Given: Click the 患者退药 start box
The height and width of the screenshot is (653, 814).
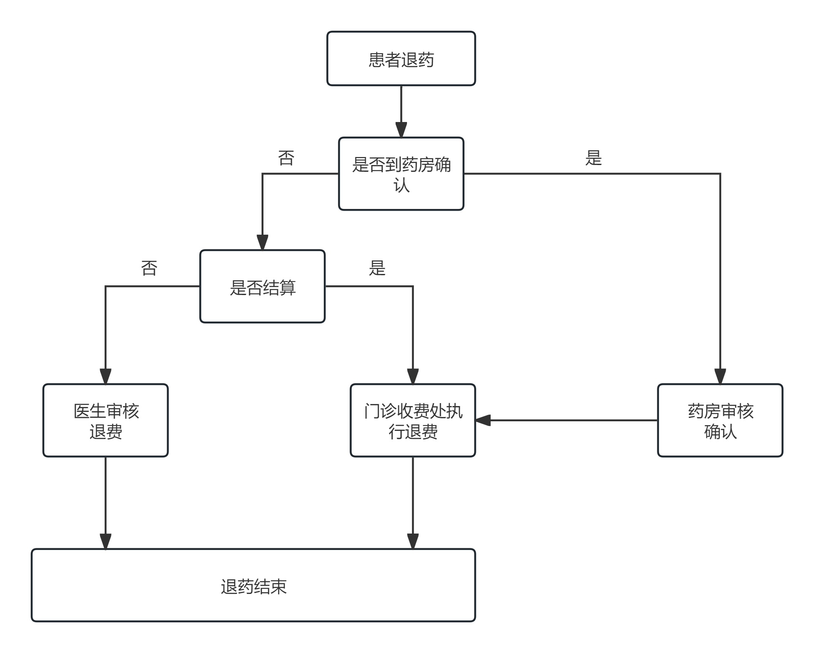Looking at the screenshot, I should (x=401, y=59).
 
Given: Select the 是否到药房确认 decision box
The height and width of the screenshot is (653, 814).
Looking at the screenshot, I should (x=401, y=173).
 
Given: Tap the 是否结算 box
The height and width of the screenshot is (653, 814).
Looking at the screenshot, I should (x=262, y=287).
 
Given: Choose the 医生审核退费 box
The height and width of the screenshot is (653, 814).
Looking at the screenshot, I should (x=106, y=420).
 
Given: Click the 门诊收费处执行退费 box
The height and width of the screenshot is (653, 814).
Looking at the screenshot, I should (x=412, y=420).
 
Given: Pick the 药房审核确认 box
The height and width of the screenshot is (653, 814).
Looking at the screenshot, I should (x=720, y=420).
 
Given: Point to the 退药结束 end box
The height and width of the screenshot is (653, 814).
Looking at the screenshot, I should (x=253, y=585).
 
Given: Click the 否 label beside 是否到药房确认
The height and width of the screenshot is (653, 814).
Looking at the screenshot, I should (x=286, y=158).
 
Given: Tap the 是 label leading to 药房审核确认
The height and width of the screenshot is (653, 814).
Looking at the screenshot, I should (x=593, y=158).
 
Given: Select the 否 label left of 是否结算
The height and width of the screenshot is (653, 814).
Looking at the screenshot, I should (x=149, y=268).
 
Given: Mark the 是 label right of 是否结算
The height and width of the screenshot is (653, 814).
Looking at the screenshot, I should (x=377, y=268).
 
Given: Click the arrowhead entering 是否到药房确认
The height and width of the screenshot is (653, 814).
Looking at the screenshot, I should (x=401, y=130).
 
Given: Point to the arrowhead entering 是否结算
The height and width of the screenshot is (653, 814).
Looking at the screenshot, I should (x=262, y=243).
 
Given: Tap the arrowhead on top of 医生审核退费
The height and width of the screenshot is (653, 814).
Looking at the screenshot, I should (x=106, y=376).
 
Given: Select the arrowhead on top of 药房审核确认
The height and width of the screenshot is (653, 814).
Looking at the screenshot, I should (x=720, y=376).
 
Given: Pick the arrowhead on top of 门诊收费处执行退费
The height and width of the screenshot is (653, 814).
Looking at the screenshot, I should (x=412, y=376).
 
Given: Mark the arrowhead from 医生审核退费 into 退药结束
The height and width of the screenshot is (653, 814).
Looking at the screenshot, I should (x=106, y=541).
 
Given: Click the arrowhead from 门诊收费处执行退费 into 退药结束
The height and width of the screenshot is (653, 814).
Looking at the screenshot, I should (x=412, y=541).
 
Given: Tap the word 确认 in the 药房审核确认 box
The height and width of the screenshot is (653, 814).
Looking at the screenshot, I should (x=720, y=431).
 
